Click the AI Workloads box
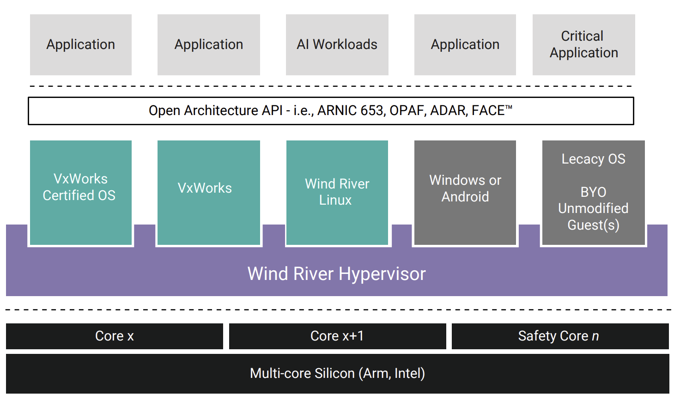tap(337, 45)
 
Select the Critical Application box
tap(583, 45)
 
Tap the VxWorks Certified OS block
tap(80, 192)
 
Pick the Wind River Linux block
tap(337, 192)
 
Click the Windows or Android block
tap(465, 192)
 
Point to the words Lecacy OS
tap(593, 159)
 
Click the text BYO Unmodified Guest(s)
tap(593, 208)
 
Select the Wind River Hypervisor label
tap(336, 274)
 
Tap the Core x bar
tap(114, 336)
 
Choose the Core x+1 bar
tap(337, 336)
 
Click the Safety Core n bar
tap(560, 336)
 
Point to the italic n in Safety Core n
tap(595, 337)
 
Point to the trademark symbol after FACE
tap(509, 108)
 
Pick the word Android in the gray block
tap(465, 197)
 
